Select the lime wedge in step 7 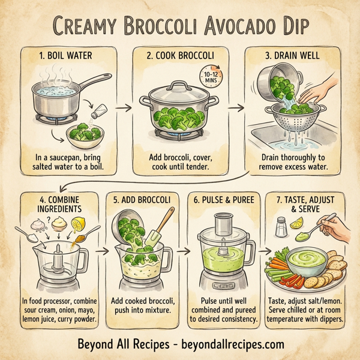click(296, 224)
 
